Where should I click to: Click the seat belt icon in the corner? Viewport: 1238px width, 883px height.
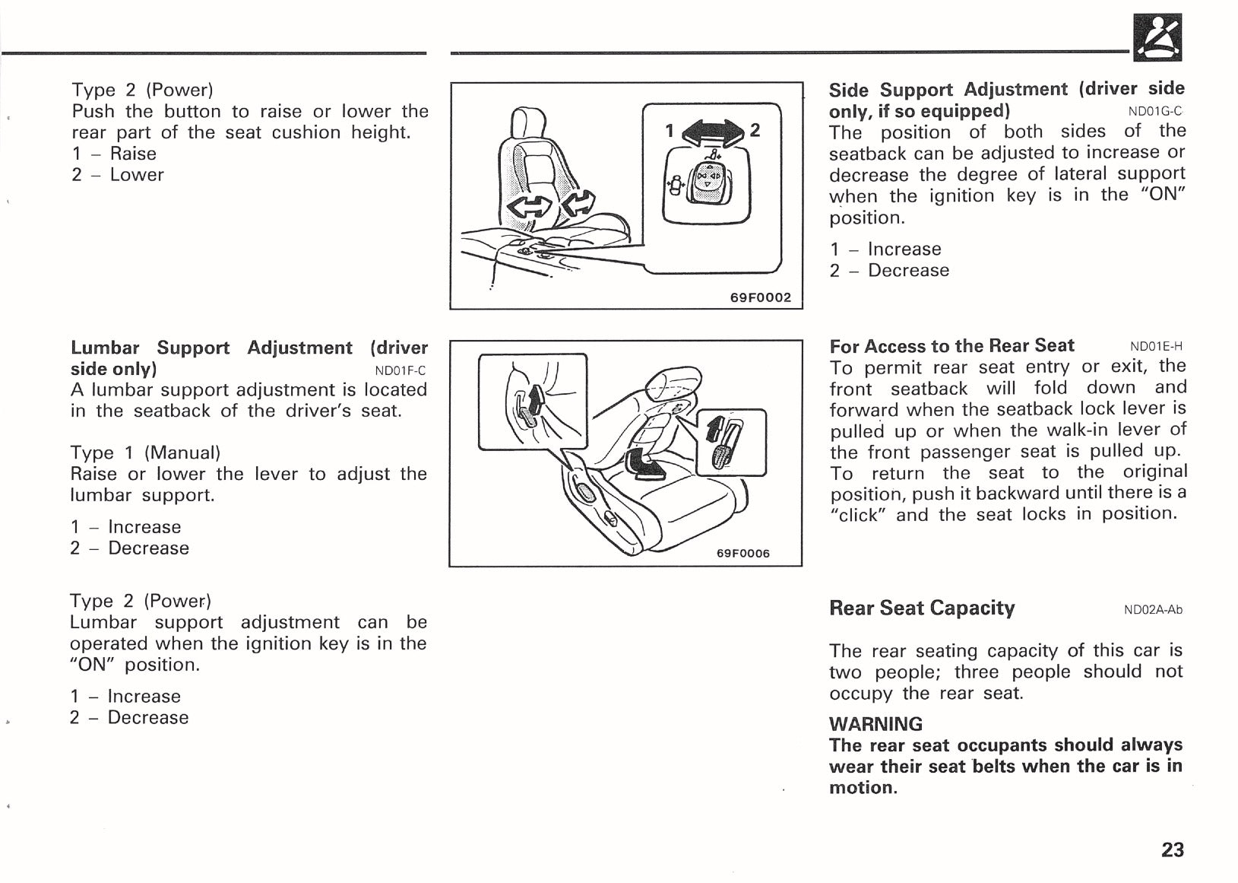1157,37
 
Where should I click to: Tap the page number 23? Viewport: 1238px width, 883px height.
1172,850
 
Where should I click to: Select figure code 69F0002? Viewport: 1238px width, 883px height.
760,297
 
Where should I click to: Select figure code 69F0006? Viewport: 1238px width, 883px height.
742,553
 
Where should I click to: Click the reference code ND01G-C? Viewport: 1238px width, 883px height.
1156,111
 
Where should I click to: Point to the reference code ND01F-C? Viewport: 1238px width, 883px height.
401,371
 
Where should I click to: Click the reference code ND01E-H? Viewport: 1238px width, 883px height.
1156,347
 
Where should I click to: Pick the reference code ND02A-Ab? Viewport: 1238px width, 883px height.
1153,609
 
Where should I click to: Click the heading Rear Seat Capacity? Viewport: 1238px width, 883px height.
921,608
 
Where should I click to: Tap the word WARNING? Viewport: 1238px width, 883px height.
875,724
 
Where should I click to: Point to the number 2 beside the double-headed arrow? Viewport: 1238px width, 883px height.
755,130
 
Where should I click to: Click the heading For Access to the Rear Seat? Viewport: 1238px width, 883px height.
951,346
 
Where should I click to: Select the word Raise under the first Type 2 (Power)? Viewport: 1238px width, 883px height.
133,154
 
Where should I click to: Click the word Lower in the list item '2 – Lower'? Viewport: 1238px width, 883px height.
137,175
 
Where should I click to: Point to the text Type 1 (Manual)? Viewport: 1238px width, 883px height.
145,453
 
